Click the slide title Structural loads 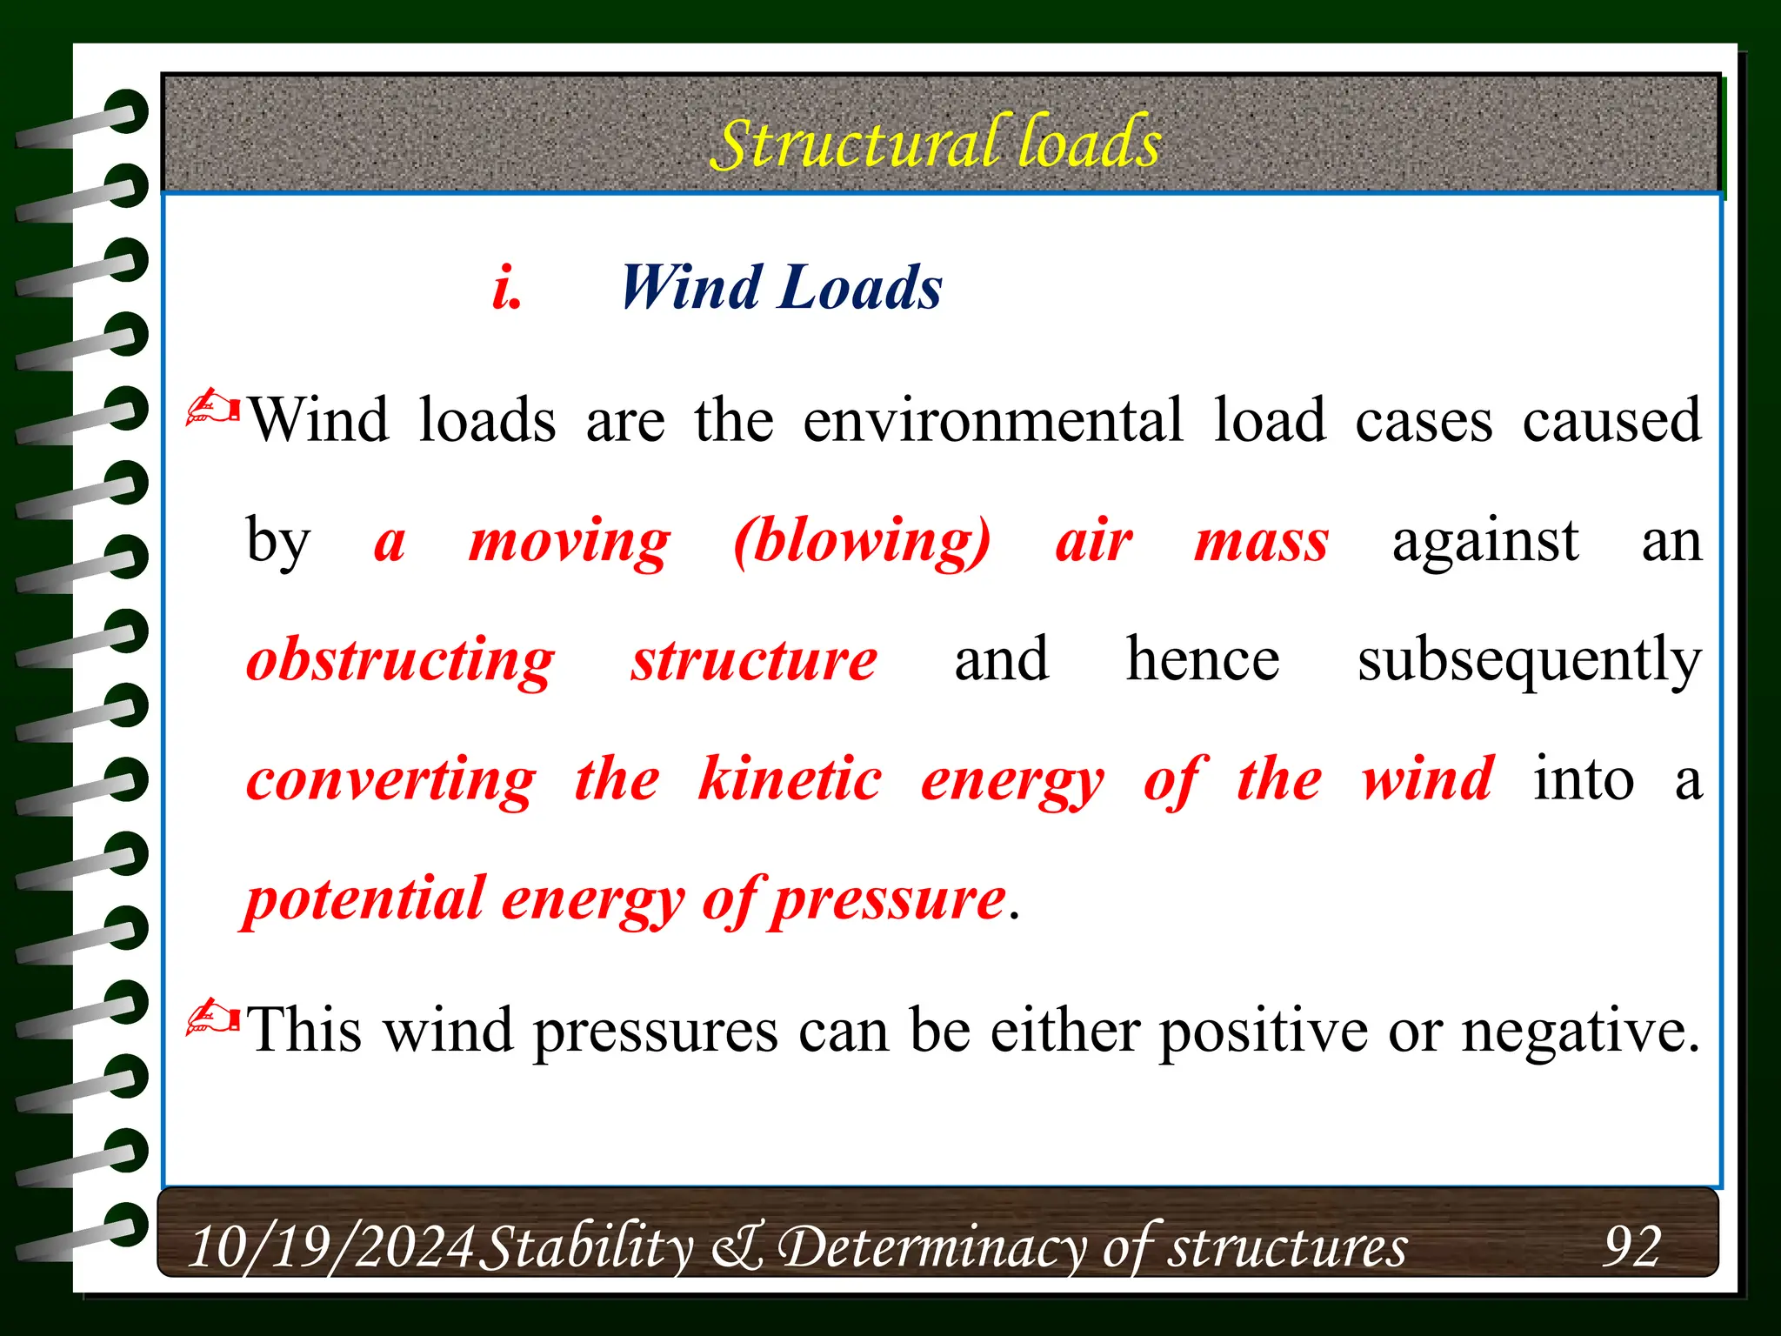pos(936,143)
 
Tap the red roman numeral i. pos(507,288)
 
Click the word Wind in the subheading pos(689,288)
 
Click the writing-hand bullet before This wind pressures pos(213,1017)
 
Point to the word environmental pos(993,421)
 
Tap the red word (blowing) pos(862,542)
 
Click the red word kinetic pos(790,780)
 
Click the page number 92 pos(1632,1247)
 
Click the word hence pos(1203,659)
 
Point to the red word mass pos(1261,542)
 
